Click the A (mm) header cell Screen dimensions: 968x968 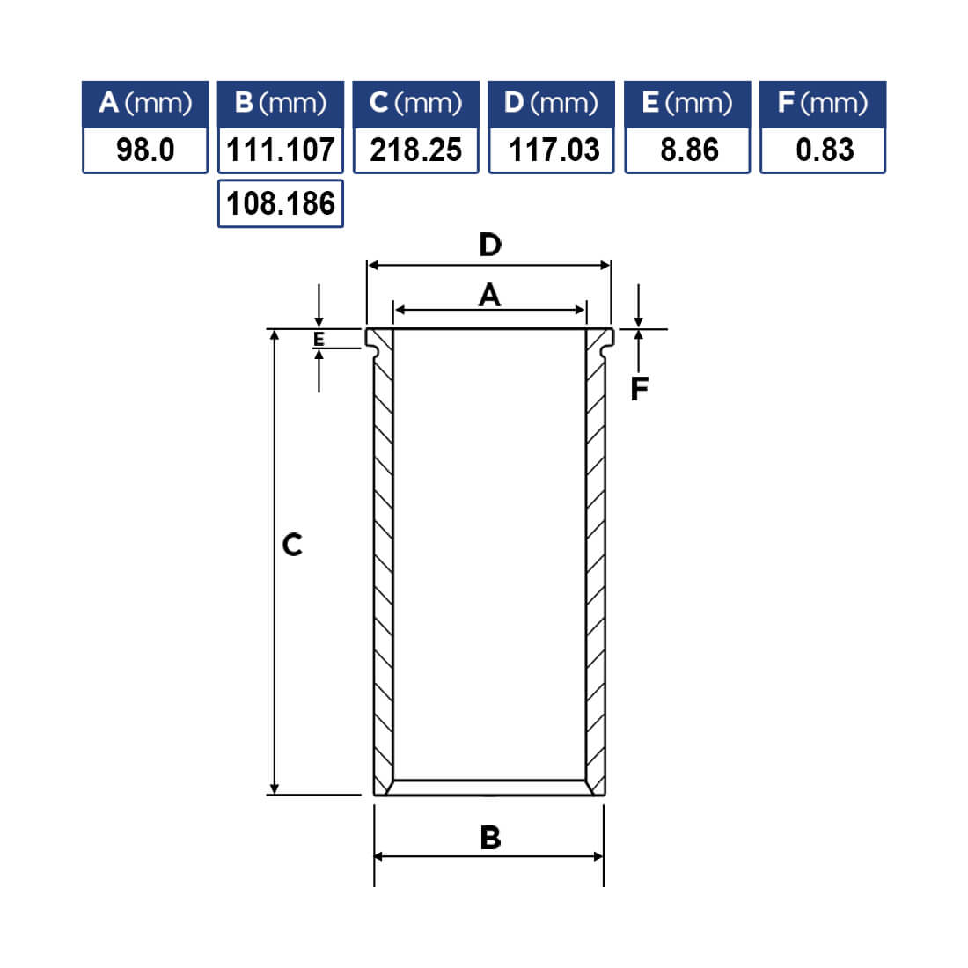click(x=145, y=104)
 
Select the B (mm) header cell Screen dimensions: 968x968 click(x=281, y=104)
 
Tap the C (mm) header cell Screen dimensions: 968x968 click(x=416, y=104)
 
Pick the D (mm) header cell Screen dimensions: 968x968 click(x=551, y=104)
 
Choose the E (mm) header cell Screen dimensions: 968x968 click(x=687, y=104)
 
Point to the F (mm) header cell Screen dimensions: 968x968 click(x=823, y=104)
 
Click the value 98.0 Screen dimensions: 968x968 click(x=146, y=150)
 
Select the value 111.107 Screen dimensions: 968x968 click(x=281, y=150)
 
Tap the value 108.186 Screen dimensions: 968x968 click(x=281, y=204)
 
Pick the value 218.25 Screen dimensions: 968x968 click(x=416, y=150)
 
